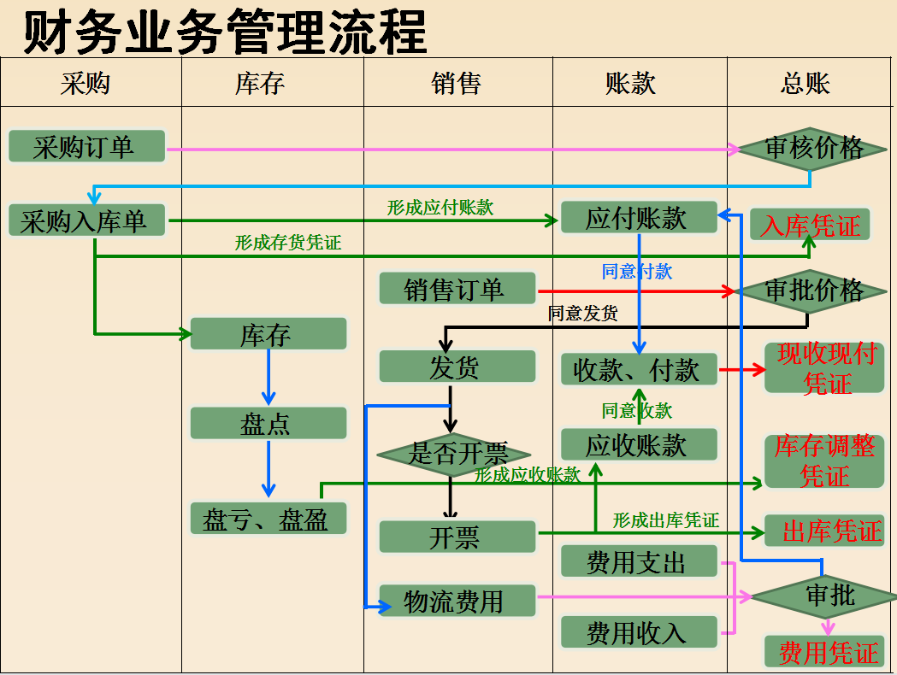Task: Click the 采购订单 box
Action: (86, 147)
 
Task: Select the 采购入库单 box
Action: (86, 221)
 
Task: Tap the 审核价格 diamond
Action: (812, 149)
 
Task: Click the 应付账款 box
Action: (638, 218)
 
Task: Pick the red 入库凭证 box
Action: (810, 226)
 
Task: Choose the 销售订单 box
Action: (457, 289)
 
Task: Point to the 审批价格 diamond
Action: (812, 291)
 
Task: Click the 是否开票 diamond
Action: (455, 454)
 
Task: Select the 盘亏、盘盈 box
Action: (269, 519)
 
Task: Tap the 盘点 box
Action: (269, 424)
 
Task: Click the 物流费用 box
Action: (457, 602)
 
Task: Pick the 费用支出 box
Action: (638, 562)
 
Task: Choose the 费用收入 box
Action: (638, 632)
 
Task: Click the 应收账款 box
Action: (638, 445)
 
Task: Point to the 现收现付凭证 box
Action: (824, 368)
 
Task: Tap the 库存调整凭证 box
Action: (824, 461)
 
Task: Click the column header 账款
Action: (631, 83)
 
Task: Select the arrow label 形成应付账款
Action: (440, 207)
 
